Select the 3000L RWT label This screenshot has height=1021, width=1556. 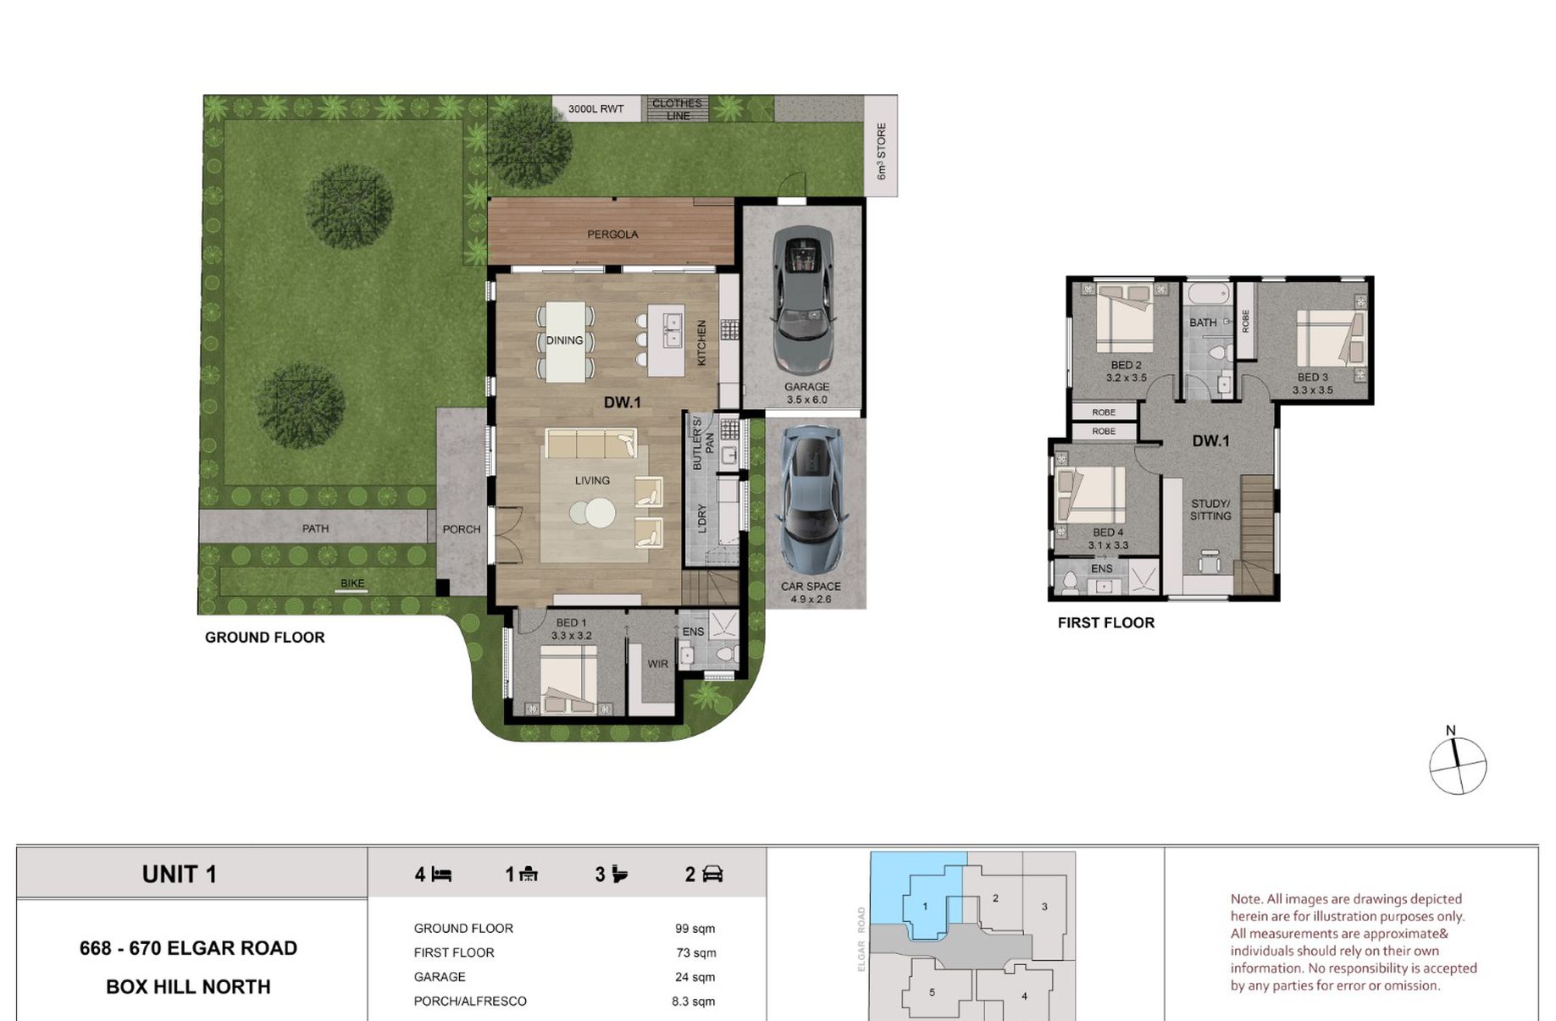(595, 109)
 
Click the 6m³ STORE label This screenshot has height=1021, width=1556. (881, 152)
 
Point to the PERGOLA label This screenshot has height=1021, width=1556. (612, 235)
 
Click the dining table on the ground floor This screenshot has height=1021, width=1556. (565, 341)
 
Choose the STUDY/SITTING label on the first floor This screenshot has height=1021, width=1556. (1210, 510)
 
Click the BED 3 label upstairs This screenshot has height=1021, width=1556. (1313, 378)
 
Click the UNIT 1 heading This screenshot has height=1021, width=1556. (180, 875)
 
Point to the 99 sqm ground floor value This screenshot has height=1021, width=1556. (695, 929)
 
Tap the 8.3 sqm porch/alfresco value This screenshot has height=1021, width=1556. (693, 1002)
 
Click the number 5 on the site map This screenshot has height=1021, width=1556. (932, 992)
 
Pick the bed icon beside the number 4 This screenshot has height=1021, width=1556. (441, 874)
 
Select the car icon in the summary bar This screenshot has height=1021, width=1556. (713, 874)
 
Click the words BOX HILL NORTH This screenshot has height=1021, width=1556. (188, 987)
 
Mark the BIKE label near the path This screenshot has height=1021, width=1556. (352, 583)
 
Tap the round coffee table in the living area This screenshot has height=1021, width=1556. (593, 513)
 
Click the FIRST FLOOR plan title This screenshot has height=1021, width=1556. (1106, 623)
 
